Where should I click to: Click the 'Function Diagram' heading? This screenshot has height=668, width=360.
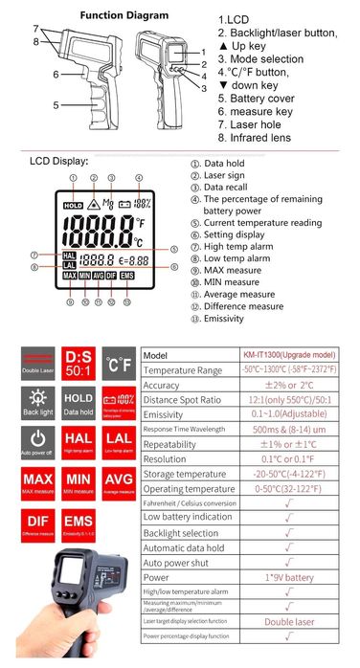tap(124, 15)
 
